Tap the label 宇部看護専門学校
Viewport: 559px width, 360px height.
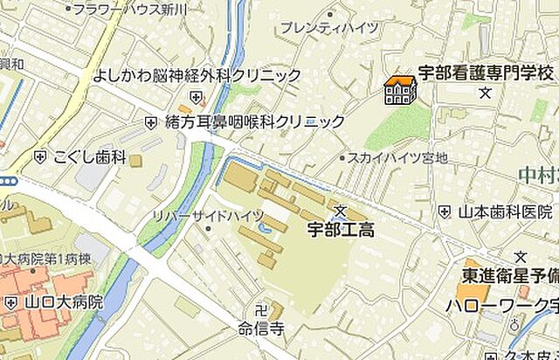485,73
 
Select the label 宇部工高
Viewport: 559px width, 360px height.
342,231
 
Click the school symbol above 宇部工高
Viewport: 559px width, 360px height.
341,211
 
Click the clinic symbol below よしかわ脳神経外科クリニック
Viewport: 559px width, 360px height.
197,96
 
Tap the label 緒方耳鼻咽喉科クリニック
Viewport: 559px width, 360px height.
255,122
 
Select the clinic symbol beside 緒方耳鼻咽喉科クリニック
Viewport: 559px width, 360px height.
151,122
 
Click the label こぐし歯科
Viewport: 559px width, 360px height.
90,158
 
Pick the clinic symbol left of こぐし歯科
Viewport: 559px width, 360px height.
39,157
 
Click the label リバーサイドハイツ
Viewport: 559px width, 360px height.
196,214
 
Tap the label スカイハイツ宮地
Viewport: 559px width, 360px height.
397,158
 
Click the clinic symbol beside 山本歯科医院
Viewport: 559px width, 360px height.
445,211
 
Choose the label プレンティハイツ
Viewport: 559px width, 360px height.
329,28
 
